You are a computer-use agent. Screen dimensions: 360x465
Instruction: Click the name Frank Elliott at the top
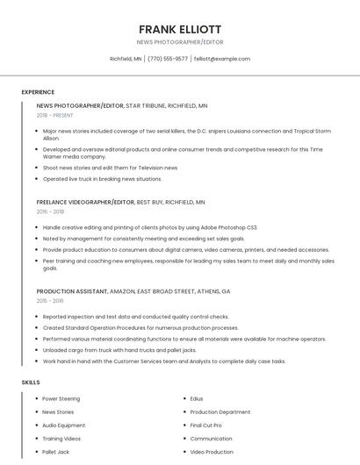[x=179, y=29]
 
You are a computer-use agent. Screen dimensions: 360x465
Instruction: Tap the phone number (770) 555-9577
[x=168, y=59]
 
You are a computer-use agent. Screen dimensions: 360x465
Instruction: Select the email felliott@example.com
[x=222, y=59]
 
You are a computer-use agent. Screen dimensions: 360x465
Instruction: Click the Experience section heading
[x=38, y=92]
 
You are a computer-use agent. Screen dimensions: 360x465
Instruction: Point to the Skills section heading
[x=31, y=383]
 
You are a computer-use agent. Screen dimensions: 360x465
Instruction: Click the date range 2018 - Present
[x=56, y=115]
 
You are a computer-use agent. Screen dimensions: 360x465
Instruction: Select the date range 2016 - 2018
[x=50, y=211]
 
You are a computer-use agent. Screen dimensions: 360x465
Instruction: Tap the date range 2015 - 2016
[x=50, y=301]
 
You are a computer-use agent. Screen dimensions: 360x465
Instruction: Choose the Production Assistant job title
[x=72, y=291]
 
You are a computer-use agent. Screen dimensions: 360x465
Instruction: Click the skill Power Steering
[x=61, y=399]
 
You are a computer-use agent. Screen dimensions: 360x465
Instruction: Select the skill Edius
[x=197, y=399]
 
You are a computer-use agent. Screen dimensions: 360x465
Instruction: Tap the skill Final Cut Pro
[x=206, y=426]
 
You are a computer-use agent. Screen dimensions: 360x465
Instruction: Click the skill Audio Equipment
[x=63, y=426]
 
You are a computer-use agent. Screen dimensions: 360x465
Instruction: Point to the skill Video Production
[x=212, y=452]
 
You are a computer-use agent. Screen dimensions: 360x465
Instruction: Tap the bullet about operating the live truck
[x=102, y=178]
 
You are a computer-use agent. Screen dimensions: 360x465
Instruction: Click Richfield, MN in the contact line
[x=126, y=59]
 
